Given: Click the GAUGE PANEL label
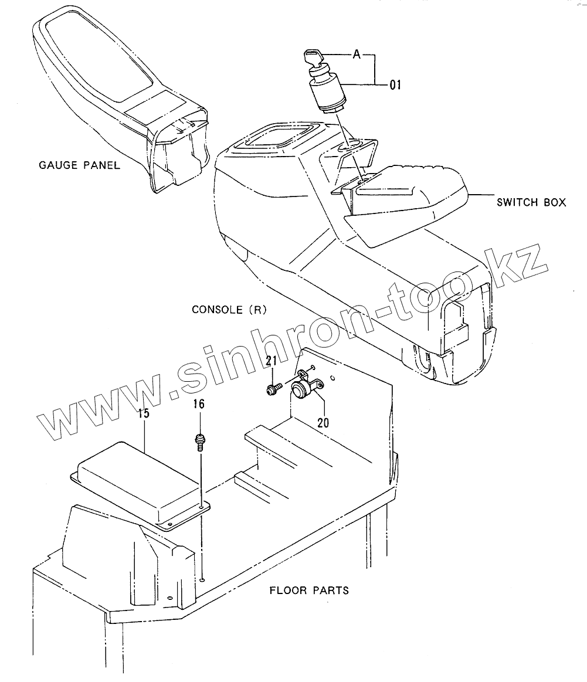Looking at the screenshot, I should (x=79, y=165).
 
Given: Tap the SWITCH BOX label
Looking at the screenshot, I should (x=531, y=202).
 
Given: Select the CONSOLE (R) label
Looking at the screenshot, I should (x=229, y=309).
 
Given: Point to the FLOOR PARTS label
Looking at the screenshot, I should (x=309, y=589).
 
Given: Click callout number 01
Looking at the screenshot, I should (x=395, y=86).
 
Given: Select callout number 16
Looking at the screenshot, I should (x=199, y=403).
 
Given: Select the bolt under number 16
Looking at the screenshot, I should (x=200, y=440).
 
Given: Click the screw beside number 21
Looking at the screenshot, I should (x=273, y=388).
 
